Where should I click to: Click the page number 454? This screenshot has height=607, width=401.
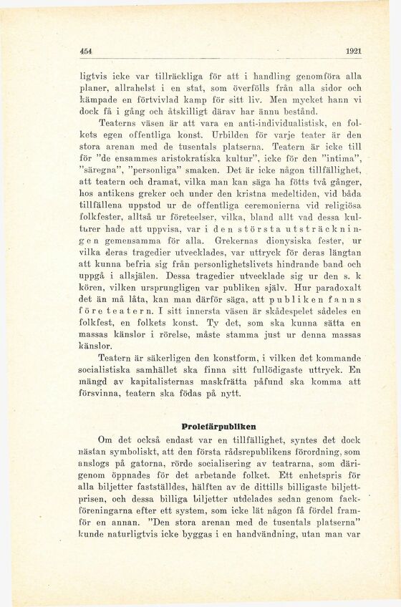click(x=87, y=51)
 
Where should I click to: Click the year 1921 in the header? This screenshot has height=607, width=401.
click(x=353, y=51)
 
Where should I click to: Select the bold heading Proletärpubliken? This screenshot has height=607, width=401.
click(x=220, y=424)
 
